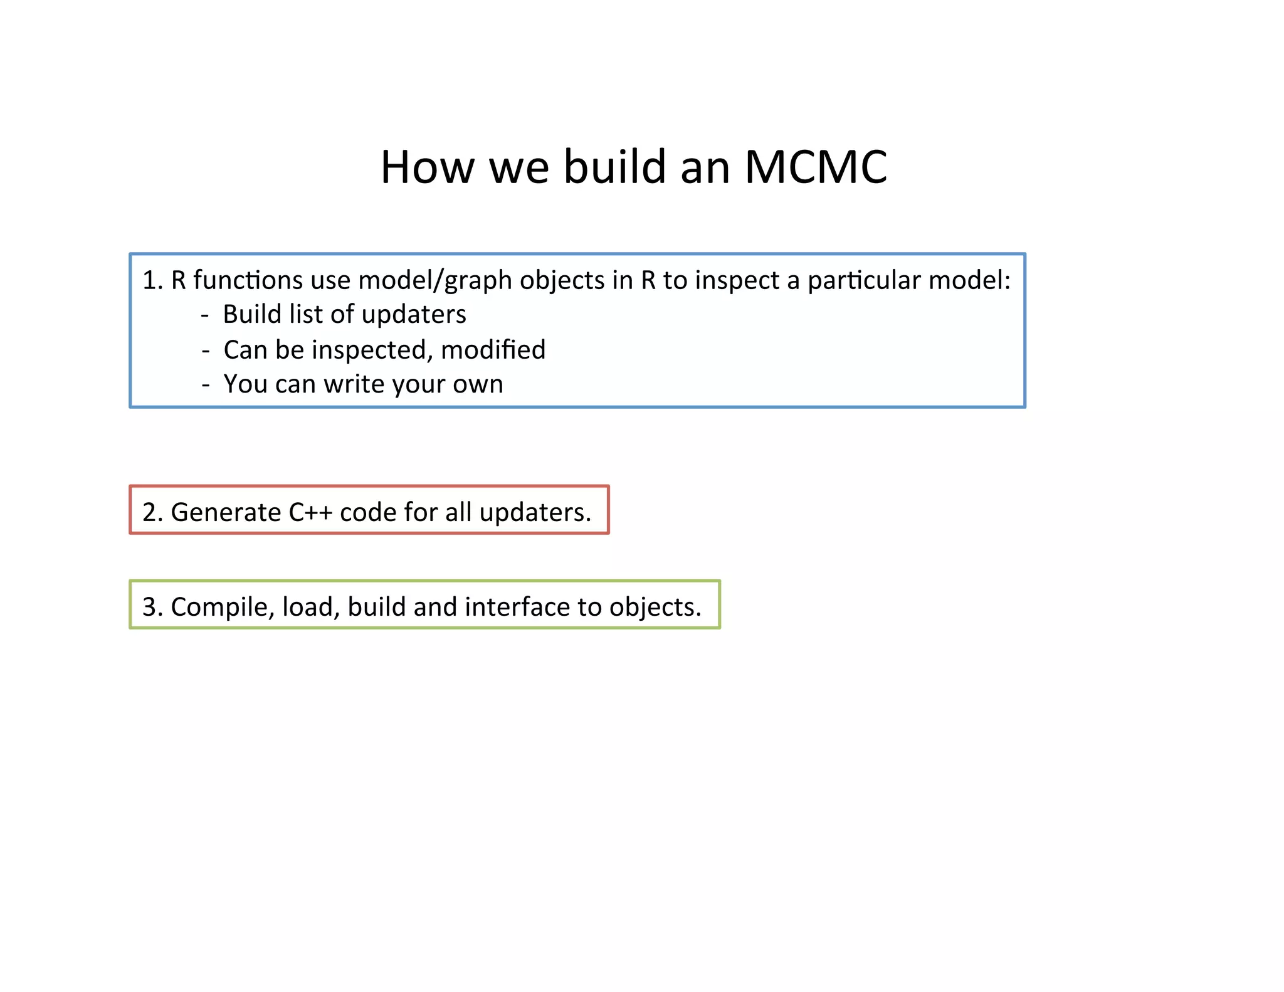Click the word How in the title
[428, 167]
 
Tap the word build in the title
[614, 167]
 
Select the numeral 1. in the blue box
[152, 280]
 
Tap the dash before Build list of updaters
[205, 315]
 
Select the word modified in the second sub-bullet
[493, 350]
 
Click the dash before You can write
[206, 384]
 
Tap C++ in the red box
[310, 513]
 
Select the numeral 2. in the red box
[152, 513]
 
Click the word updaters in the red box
[535, 513]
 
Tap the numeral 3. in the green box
[152, 607]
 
